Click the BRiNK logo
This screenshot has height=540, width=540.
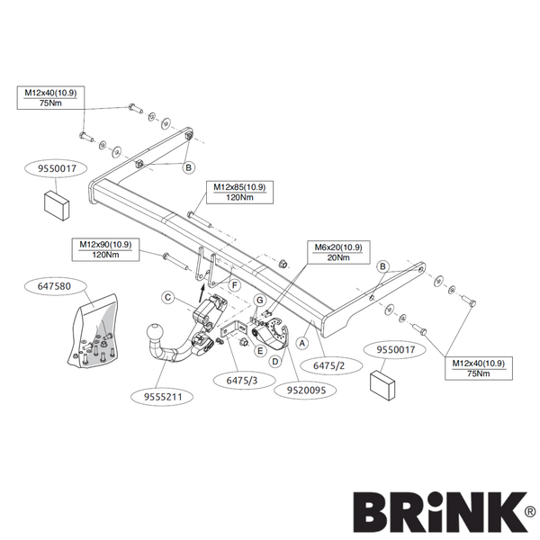tap(445, 512)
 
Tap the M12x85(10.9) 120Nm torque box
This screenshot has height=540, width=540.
tap(239, 193)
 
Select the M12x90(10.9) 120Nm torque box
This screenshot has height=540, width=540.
tap(105, 249)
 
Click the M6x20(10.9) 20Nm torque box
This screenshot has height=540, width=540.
tap(338, 252)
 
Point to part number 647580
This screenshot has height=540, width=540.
tap(54, 286)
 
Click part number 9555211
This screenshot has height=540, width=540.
tap(163, 397)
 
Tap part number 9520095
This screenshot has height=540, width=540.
tap(306, 390)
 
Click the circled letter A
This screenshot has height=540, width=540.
tap(302, 343)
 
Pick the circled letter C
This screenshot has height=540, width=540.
tap(168, 297)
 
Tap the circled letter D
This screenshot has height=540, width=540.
tap(275, 362)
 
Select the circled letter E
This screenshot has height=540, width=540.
tap(260, 351)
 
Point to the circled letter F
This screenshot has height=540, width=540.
tap(235, 285)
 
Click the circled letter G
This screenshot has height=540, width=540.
tap(260, 301)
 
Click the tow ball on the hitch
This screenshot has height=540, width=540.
tap(155, 332)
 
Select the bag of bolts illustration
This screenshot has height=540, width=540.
tap(94, 331)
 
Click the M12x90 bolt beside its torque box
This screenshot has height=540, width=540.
tap(175, 262)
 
